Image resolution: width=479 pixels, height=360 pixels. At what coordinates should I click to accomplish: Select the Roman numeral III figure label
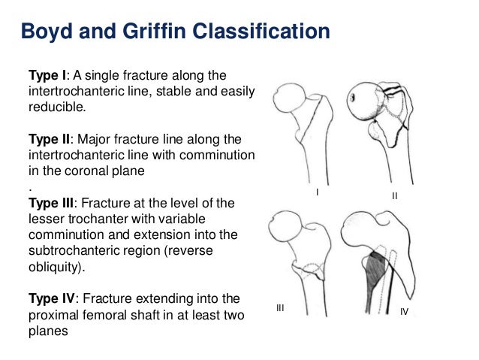point(281,308)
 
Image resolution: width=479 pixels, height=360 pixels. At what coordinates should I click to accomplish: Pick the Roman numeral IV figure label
point(403,310)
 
